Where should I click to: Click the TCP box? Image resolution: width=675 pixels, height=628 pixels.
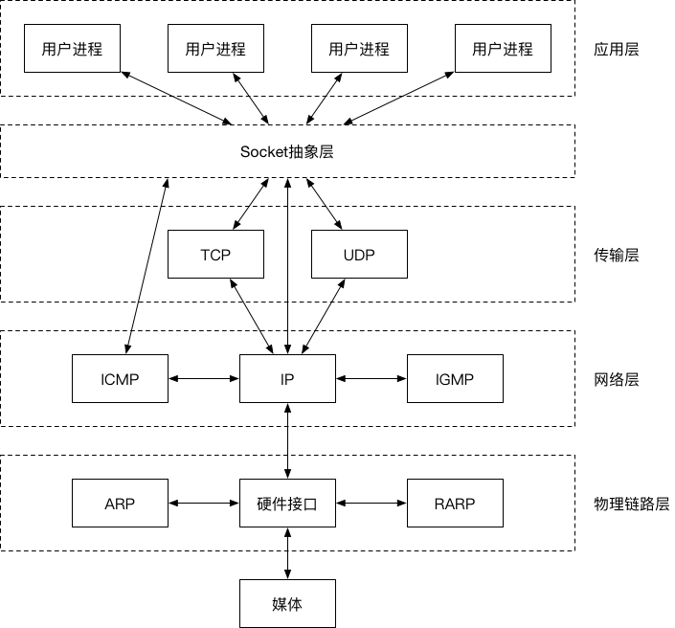pyautogui.click(x=215, y=255)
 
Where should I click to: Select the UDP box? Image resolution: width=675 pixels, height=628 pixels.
pyautogui.click(x=359, y=255)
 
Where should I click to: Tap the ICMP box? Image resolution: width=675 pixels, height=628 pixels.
pyautogui.click(x=120, y=378)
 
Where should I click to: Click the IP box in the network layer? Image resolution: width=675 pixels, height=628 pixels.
pyautogui.click(x=287, y=378)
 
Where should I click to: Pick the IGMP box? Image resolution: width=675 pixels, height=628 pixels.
pyautogui.click(x=455, y=378)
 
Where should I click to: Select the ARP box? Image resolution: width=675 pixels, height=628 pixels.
pyautogui.click(x=120, y=504)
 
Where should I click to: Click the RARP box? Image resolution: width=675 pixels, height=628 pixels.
pyautogui.click(x=455, y=504)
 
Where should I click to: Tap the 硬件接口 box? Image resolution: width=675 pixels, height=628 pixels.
pyautogui.click(x=287, y=504)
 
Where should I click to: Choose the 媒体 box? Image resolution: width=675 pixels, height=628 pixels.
pyautogui.click(x=287, y=604)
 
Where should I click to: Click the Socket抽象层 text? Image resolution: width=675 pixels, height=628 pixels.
pyautogui.click(x=287, y=151)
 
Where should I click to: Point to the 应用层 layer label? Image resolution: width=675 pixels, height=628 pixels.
pyautogui.click(x=617, y=49)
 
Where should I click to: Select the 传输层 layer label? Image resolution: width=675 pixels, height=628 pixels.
pyautogui.click(x=617, y=255)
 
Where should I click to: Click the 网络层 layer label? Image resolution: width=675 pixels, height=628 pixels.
pyautogui.click(x=617, y=379)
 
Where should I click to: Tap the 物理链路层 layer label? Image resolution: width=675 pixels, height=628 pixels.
pyautogui.click(x=631, y=504)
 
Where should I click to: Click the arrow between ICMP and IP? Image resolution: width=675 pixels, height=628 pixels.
pyautogui.click(x=203, y=378)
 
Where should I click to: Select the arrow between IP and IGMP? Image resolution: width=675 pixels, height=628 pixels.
pyautogui.click(x=371, y=378)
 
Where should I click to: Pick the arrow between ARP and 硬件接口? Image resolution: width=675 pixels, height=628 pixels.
pyautogui.click(x=203, y=504)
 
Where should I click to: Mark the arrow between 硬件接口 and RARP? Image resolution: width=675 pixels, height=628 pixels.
pyautogui.click(x=371, y=504)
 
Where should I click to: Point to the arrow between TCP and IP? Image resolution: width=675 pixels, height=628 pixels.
pyautogui.click(x=250, y=316)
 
